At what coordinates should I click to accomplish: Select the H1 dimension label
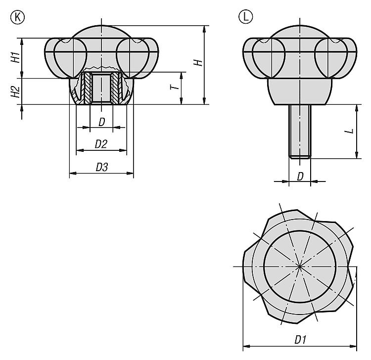16,57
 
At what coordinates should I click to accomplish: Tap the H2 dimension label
16,91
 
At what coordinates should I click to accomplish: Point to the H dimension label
197,63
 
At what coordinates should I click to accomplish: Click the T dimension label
173,88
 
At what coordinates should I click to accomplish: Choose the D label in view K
101,121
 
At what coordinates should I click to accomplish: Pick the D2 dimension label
101,144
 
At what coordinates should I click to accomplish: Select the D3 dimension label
101,167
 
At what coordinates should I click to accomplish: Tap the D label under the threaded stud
300,177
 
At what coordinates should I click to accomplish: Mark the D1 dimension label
300,340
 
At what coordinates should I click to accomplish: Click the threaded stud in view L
300,131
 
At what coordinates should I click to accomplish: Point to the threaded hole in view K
101,88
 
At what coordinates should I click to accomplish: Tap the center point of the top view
300,267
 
